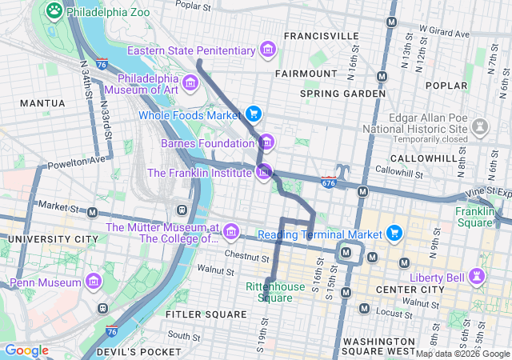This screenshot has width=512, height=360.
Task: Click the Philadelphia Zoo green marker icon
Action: click(54, 10)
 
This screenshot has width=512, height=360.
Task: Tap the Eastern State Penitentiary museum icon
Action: click(268, 51)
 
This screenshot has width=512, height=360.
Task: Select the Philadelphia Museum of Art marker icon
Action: click(190, 82)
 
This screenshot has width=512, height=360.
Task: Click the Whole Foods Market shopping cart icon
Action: click(254, 114)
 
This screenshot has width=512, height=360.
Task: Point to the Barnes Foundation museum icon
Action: click(266, 143)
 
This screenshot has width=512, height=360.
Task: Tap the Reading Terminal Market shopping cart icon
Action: click(394, 233)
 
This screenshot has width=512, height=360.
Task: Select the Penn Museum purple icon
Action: click(94, 282)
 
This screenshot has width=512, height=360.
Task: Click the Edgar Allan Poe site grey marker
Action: click(480, 126)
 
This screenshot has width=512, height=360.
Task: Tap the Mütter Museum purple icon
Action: click(231, 232)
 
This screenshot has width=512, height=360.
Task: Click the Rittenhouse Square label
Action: click(269, 292)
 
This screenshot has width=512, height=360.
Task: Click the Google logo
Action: click(26, 350)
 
